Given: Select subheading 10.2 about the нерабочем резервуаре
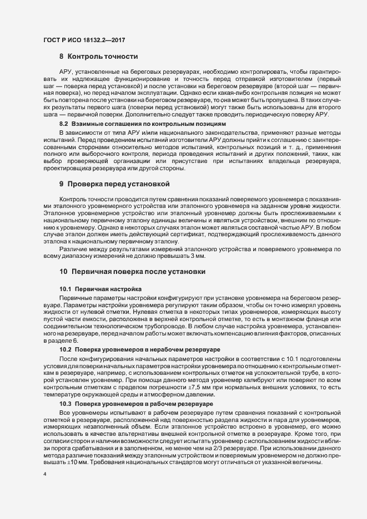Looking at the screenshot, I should (x=140, y=350).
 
